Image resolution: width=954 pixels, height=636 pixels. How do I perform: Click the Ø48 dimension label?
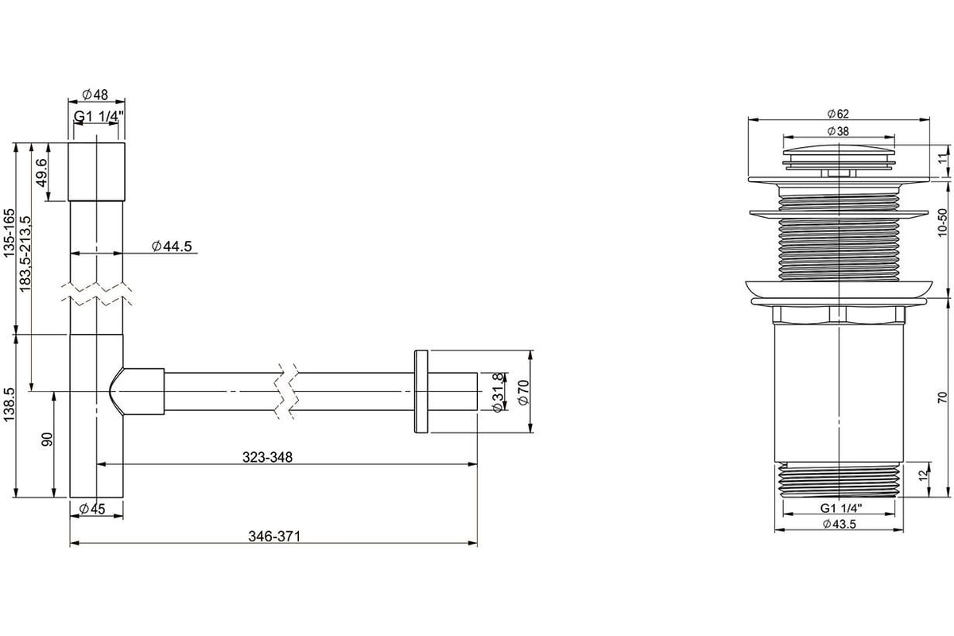[96, 94]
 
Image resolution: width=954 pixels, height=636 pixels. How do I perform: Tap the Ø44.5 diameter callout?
[172, 246]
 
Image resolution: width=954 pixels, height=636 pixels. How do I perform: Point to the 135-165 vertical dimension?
[9, 233]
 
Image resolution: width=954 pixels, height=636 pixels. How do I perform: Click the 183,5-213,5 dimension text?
[25, 254]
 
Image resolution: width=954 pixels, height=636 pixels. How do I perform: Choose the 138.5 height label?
[9, 405]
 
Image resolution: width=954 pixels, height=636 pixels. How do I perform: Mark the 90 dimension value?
[47, 439]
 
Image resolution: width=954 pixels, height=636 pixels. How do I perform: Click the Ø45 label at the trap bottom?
[92, 509]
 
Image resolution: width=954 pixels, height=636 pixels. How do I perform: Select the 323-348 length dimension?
[267, 457]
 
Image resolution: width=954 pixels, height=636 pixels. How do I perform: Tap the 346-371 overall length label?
[274, 537]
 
